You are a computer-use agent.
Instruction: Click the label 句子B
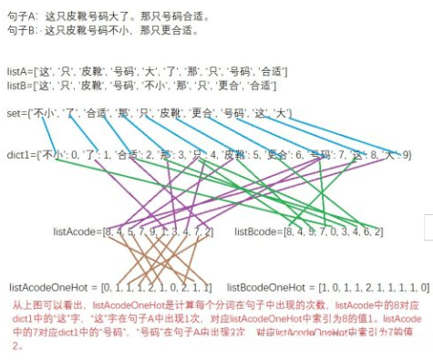click(x=20, y=29)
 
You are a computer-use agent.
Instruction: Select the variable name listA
click(x=17, y=72)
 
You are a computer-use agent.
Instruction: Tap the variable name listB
click(x=17, y=86)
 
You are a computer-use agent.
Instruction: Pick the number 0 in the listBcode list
click(x=331, y=232)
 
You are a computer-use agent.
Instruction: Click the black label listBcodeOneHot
click(x=263, y=288)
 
